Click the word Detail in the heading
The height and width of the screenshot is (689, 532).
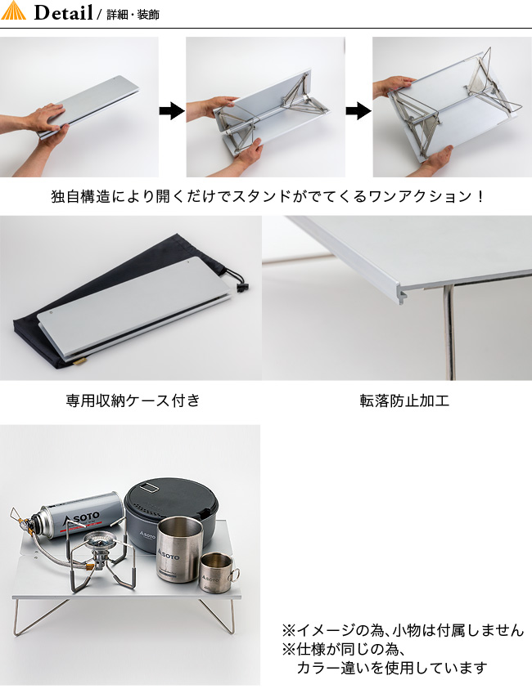tap(63, 12)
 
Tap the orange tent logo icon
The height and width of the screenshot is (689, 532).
tap(14, 11)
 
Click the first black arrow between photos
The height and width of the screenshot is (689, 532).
tap(172, 110)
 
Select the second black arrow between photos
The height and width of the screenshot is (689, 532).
tap(358, 110)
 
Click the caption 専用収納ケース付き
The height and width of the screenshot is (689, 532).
tap(133, 400)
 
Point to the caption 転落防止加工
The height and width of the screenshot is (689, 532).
tap(404, 400)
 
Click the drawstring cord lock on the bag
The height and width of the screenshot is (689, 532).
tap(241, 288)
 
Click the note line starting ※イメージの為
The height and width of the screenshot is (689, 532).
tap(403, 630)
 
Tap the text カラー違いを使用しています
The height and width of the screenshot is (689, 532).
tap(392, 668)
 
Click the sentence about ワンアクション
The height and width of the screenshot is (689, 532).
tap(267, 196)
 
